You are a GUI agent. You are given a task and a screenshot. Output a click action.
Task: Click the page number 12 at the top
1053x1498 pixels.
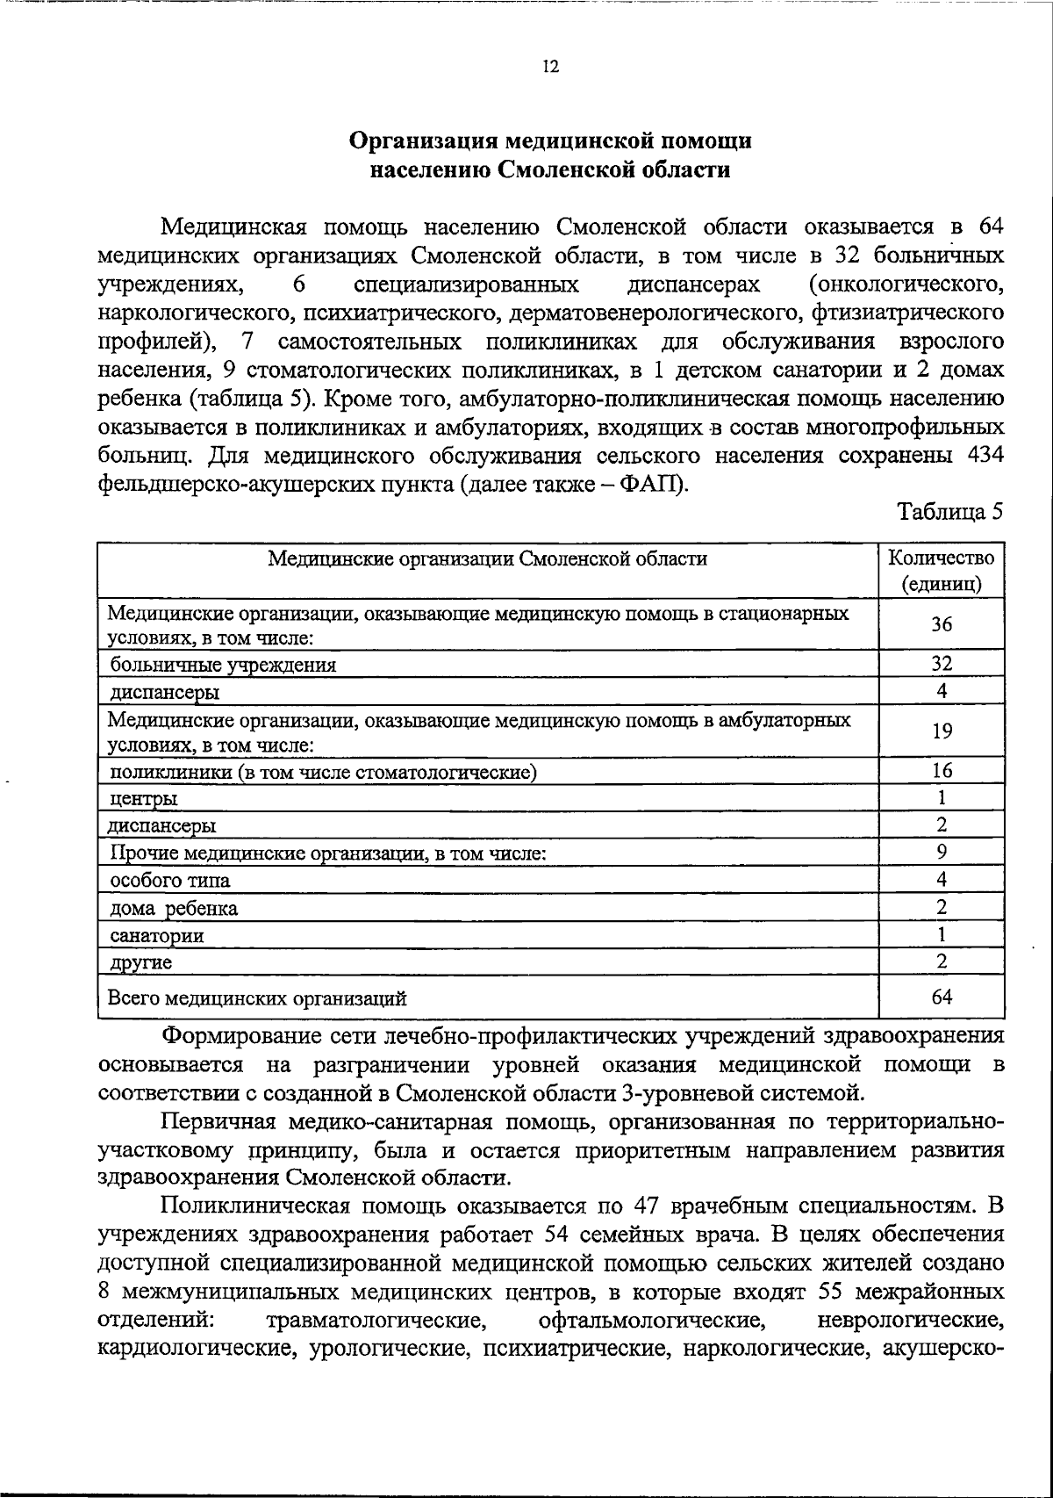550,68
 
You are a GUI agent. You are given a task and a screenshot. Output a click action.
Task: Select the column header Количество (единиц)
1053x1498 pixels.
942,571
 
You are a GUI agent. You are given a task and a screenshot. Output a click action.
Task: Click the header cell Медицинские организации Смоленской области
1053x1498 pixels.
487,559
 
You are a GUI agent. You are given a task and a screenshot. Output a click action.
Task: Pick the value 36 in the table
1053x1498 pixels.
942,624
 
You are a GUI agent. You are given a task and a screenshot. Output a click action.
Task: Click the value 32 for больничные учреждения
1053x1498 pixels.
942,664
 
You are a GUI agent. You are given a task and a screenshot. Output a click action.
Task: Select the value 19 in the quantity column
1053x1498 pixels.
942,731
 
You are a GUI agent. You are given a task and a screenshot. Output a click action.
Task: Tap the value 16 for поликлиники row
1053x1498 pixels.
942,771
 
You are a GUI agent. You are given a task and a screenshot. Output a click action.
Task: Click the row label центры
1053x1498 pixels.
143,799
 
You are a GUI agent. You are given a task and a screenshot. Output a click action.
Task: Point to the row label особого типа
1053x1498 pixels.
170,881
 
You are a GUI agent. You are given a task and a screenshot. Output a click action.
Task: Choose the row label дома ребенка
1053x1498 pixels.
174,908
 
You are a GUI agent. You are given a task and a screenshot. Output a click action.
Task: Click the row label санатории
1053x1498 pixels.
157,935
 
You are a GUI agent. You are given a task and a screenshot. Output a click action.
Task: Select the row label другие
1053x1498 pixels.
141,962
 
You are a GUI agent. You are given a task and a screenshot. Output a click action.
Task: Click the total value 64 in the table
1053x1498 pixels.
942,997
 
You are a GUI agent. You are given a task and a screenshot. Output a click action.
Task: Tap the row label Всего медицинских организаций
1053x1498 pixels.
257,997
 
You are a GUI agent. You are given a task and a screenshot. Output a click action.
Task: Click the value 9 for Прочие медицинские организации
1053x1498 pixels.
942,852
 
